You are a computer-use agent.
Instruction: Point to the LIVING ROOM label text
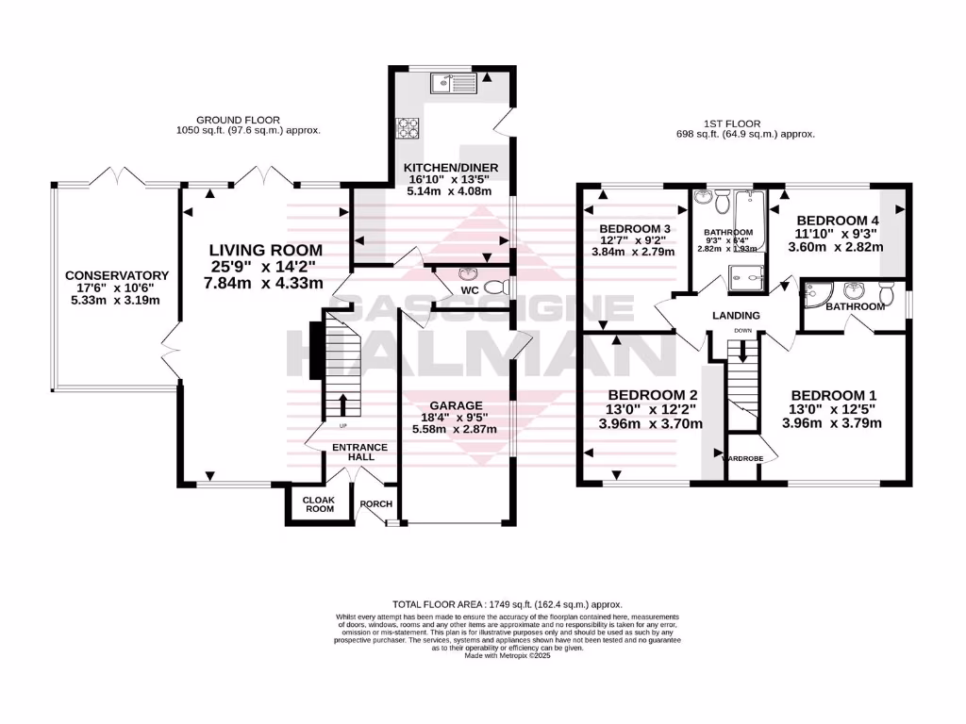[x=265, y=250]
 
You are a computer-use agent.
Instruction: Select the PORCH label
[x=375, y=503]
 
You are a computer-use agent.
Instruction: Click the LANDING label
[x=736, y=315]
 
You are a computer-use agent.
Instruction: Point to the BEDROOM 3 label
[x=634, y=228]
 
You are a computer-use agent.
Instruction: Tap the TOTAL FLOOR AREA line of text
[x=508, y=603]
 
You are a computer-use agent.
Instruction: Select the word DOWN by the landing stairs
[x=743, y=331]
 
